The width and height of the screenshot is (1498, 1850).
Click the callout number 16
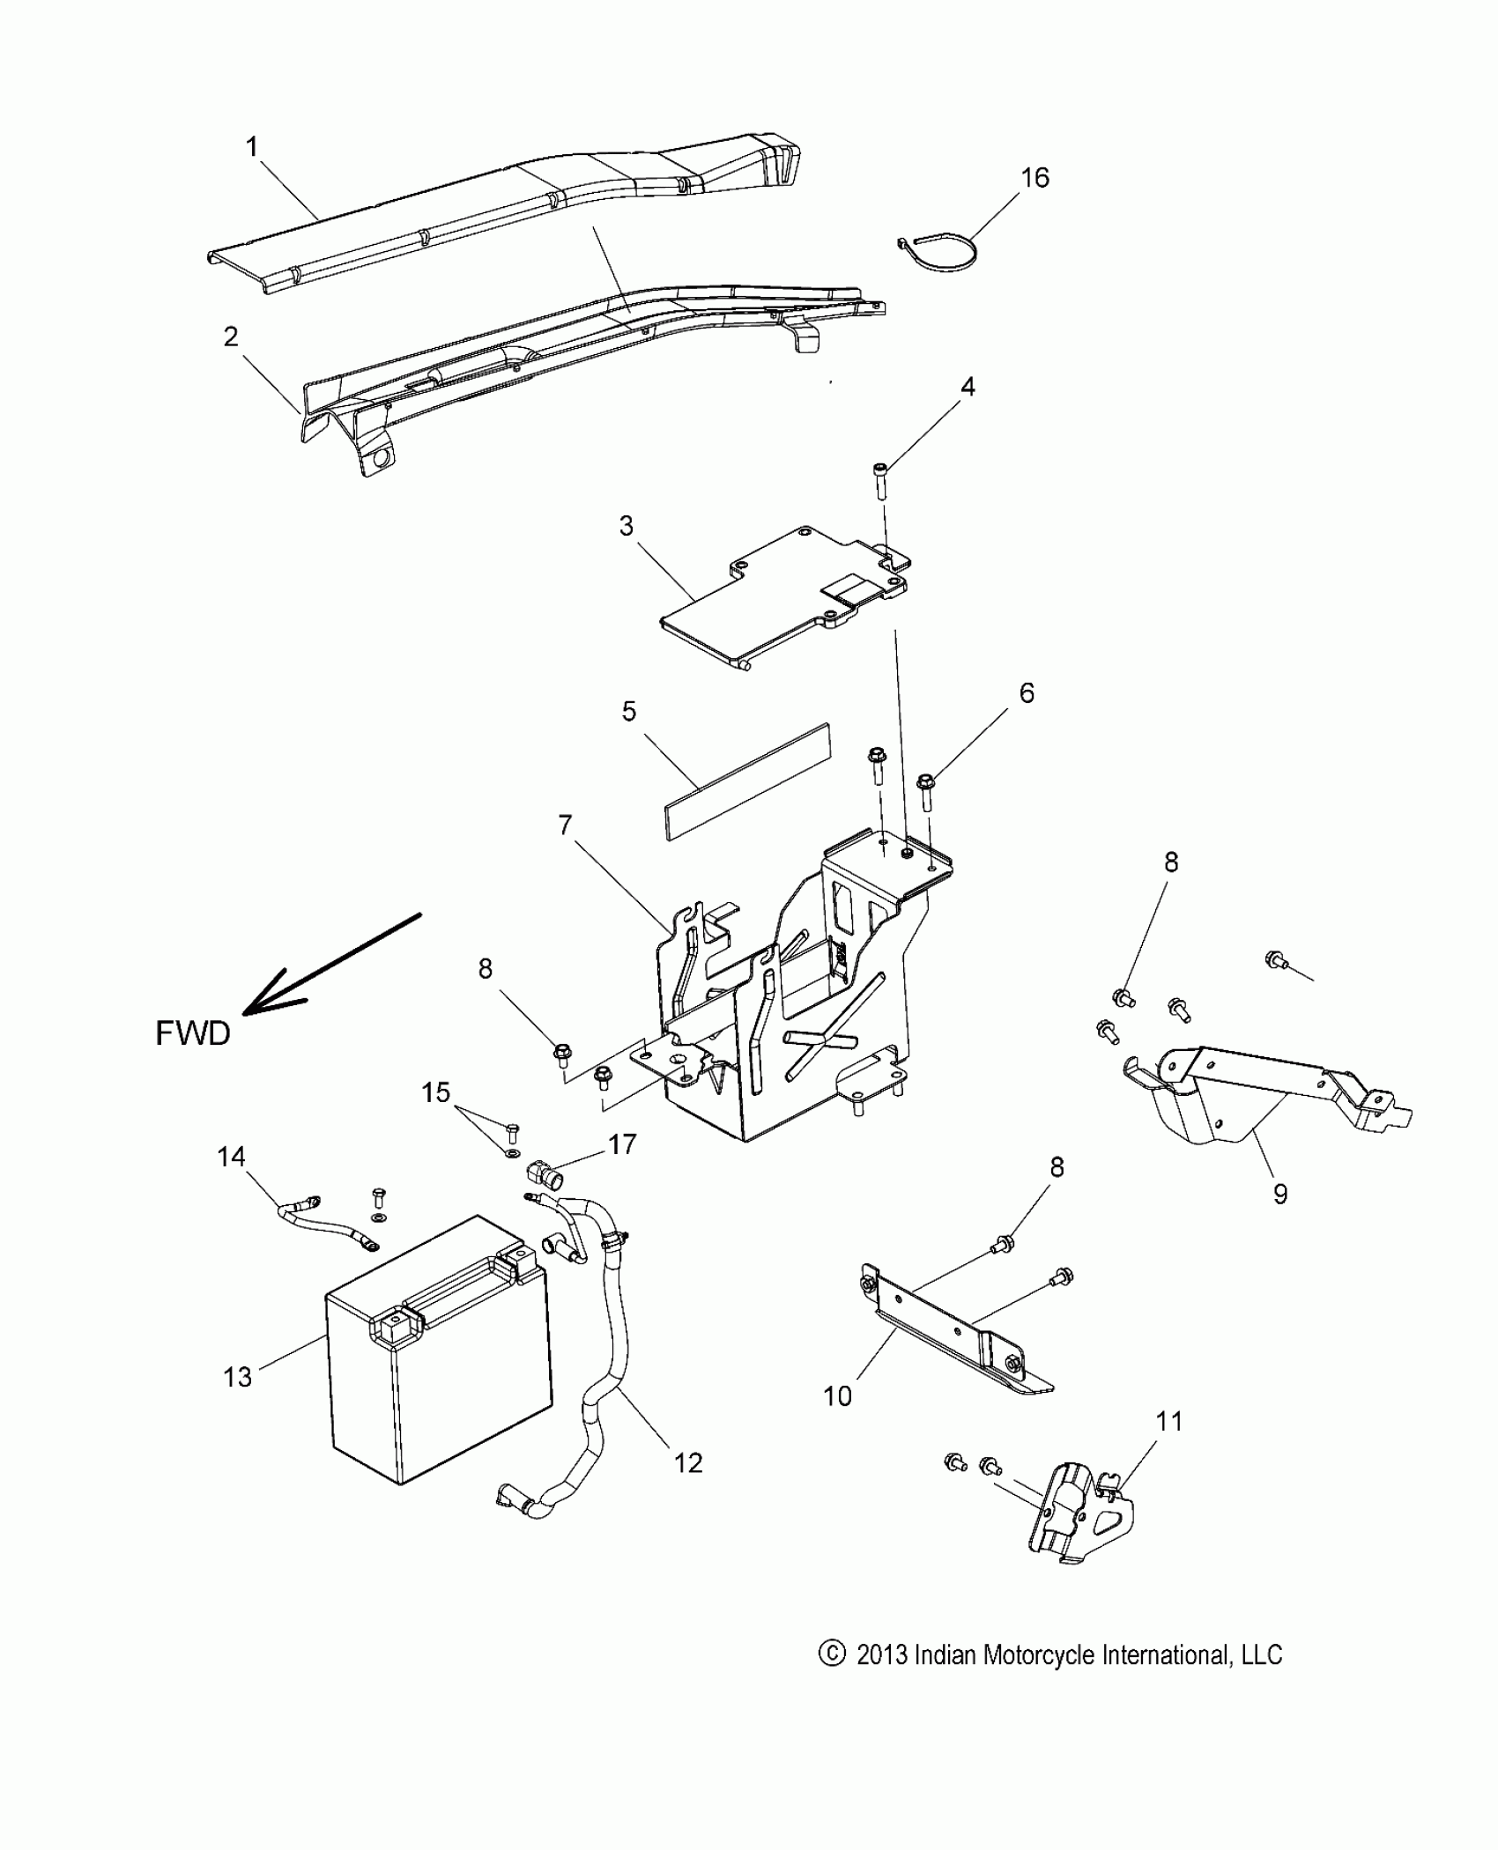coord(1035,178)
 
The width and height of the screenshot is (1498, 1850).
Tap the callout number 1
coord(252,147)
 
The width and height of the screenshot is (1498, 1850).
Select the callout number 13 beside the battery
coord(237,1376)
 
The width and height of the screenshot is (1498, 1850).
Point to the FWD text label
coord(193,1032)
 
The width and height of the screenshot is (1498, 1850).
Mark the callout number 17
coord(622,1144)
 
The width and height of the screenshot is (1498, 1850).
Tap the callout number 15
coord(435,1092)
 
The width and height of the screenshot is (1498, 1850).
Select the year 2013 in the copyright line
coord(882,1655)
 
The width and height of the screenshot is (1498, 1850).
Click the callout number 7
coord(565,825)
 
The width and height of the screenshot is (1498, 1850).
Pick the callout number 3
coord(626,526)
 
